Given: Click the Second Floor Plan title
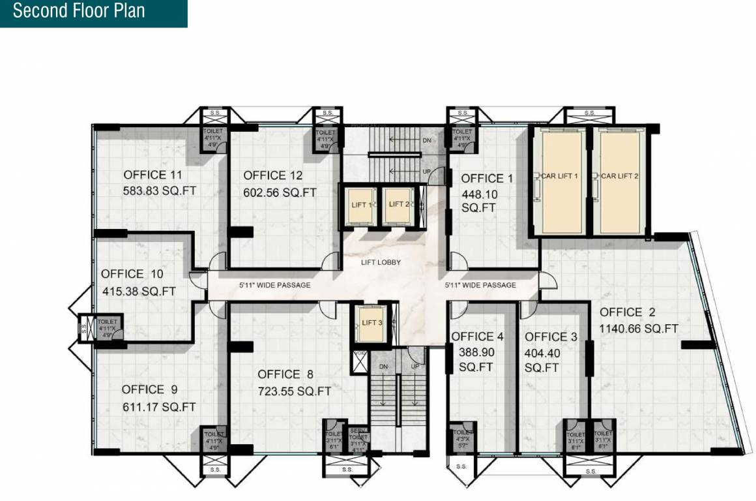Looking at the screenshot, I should click(x=79, y=11).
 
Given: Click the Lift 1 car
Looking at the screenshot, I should click(x=360, y=205).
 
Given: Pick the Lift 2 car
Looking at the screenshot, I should click(x=398, y=205).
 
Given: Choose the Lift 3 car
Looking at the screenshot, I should click(x=370, y=322).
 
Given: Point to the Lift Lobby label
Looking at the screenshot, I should click(x=381, y=263).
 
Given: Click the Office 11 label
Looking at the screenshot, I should click(x=153, y=175).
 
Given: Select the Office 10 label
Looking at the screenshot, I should click(x=132, y=274).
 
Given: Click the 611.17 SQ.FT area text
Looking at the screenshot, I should click(x=159, y=407).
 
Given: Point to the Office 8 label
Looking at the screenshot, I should click(x=285, y=374).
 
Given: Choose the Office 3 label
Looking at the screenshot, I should click(x=551, y=337).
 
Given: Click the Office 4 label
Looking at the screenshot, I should click(x=477, y=337).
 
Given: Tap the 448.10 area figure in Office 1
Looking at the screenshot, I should click(x=478, y=194).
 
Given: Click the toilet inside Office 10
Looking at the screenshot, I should click(x=107, y=326).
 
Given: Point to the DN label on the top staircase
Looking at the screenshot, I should click(x=427, y=140).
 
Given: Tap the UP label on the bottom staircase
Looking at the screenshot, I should click(x=414, y=367).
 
